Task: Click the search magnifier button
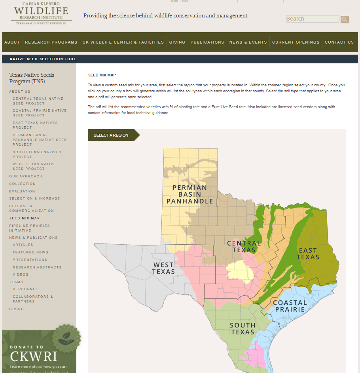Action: pyautogui.click(x=345, y=19)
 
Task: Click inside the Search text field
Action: pyautogui.click(x=312, y=19)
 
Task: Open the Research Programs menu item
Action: pyautogui.click(x=51, y=42)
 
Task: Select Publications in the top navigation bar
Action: pyautogui.click(x=207, y=42)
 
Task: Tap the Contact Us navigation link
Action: pyautogui.click(x=339, y=42)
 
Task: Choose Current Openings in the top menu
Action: pyautogui.click(x=296, y=42)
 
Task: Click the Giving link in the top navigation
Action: pyautogui.click(x=177, y=42)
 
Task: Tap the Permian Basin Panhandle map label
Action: pyautogui.click(x=189, y=194)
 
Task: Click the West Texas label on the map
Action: pyautogui.click(x=163, y=268)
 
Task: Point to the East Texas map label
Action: pyautogui.click(x=309, y=253)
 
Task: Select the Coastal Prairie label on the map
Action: pyautogui.click(x=290, y=306)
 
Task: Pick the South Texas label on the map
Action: pyautogui.click(x=243, y=329)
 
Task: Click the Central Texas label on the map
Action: pyautogui.click(x=244, y=246)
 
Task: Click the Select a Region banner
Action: pyautogui.click(x=111, y=135)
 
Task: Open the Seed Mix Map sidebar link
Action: pyautogui.click(x=25, y=218)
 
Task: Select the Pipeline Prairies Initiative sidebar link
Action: pyautogui.click(x=29, y=228)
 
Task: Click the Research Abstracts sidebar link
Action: pyautogui.click(x=37, y=267)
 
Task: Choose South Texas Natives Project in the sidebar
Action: pyautogui.click(x=37, y=154)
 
